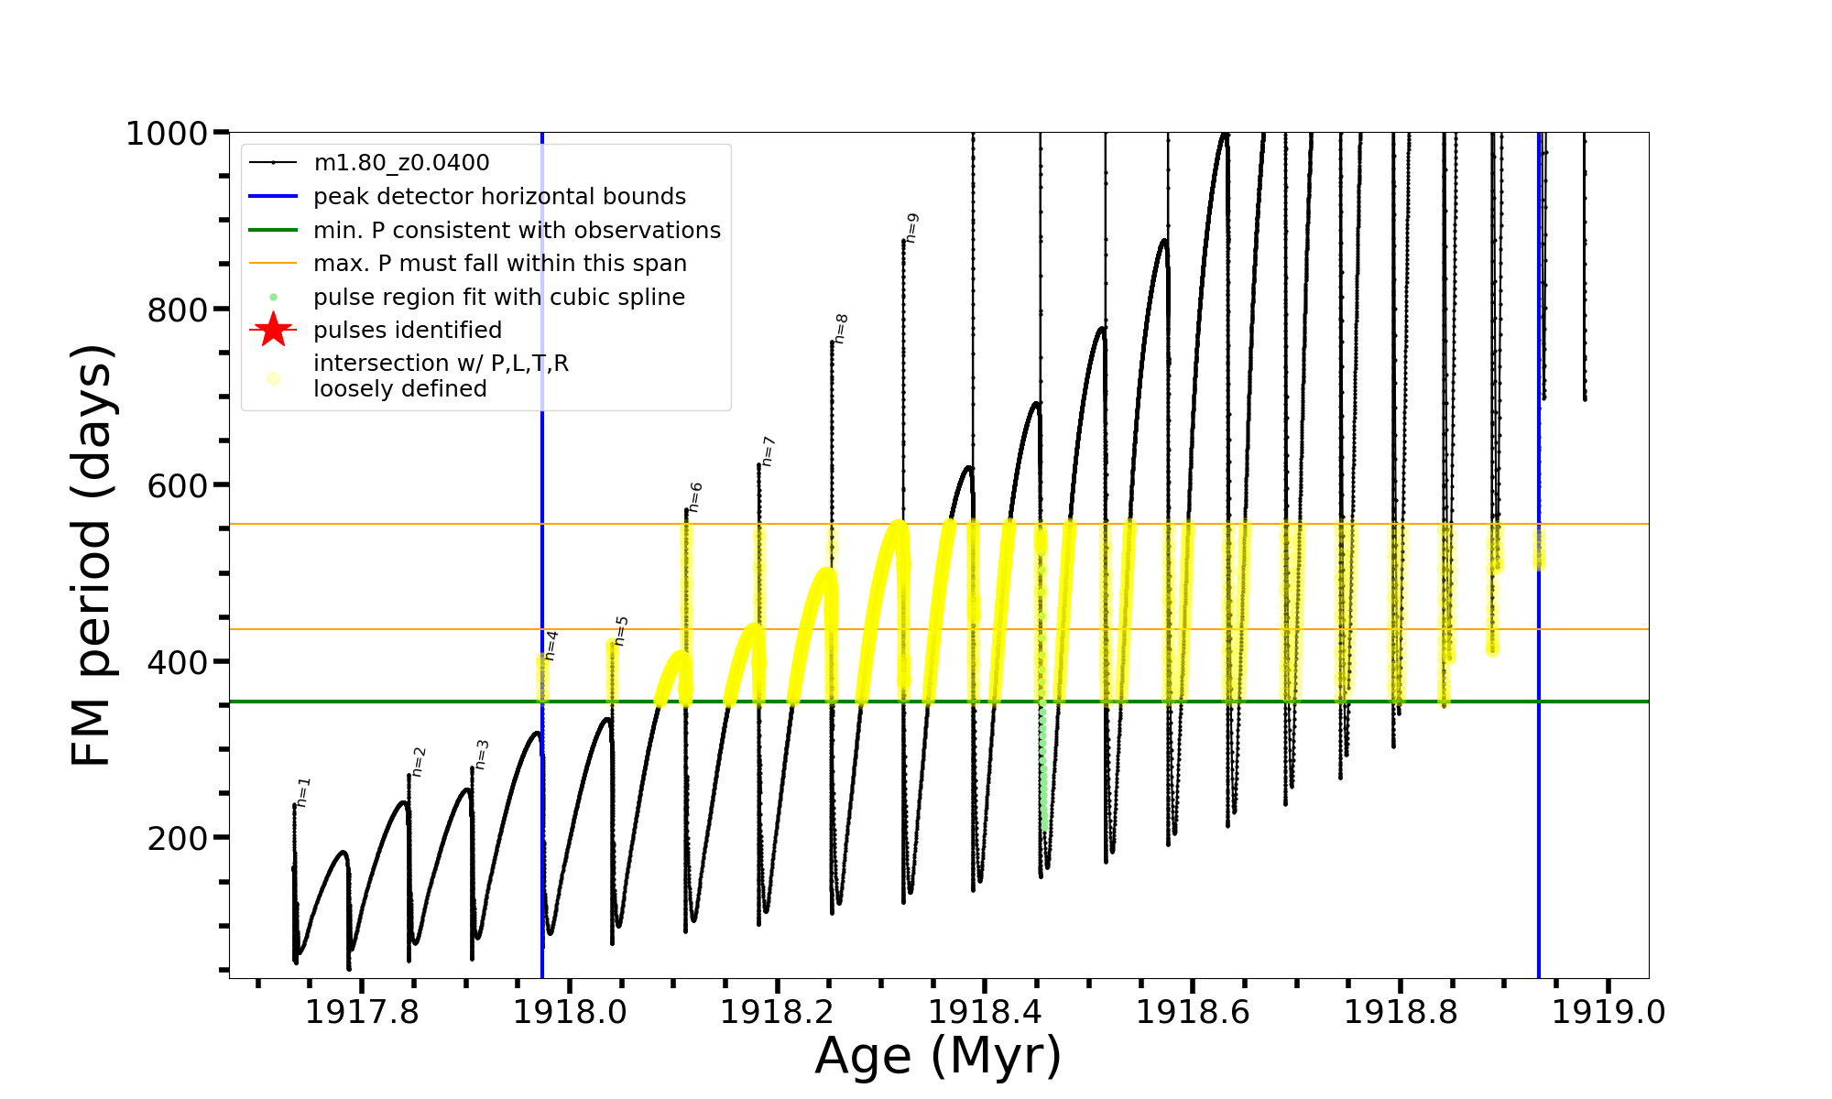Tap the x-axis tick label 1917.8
(x=361, y=1012)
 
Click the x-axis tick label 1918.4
(x=985, y=1012)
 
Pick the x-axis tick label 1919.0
(x=1608, y=1012)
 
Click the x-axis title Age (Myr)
(x=938, y=1056)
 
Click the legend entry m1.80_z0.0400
(x=401, y=163)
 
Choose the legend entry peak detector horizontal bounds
(x=499, y=197)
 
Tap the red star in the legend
(x=273, y=331)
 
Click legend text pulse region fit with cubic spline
(x=499, y=298)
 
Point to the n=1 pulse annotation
(x=304, y=792)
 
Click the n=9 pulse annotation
(x=911, y=228)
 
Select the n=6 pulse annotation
(x=695, y=497)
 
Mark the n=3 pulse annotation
(x=482, y=755)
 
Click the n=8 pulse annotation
(x=841, y=329)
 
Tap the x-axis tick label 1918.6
(x=1193, y=1012)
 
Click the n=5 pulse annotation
(x=621, y=631)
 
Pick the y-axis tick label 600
(x=178, y=486)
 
